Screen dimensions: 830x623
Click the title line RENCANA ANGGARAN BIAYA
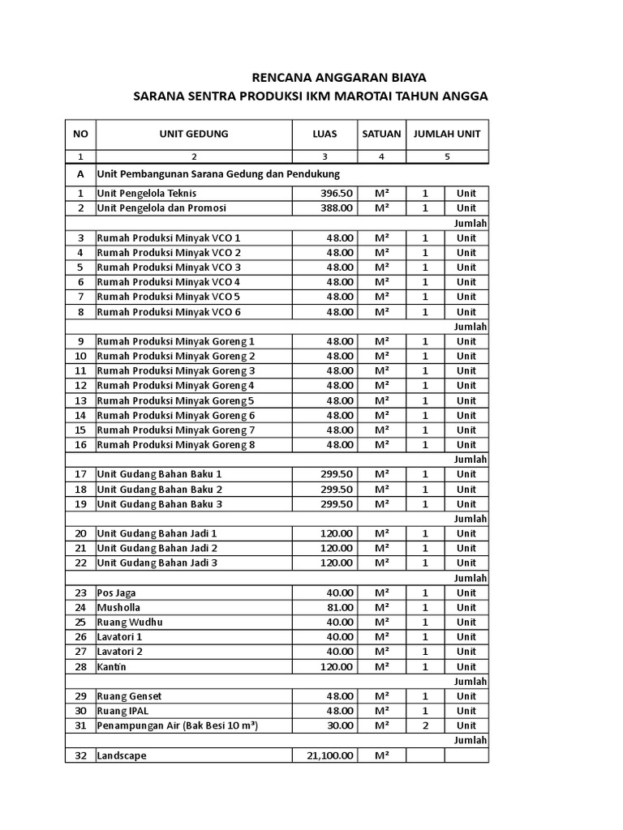(339, 77)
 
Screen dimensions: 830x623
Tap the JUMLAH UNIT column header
(447, 134)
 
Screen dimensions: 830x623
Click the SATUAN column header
(381, 134)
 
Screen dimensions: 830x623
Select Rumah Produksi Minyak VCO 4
(169, 282)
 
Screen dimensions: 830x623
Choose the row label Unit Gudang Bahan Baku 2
(159, 490)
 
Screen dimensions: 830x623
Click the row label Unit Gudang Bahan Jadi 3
(157, 563)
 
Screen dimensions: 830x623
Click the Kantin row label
(114, 667)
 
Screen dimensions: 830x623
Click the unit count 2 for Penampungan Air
(425, 725)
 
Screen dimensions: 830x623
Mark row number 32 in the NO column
(80, 755)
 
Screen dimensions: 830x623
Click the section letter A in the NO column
(80, 174)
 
